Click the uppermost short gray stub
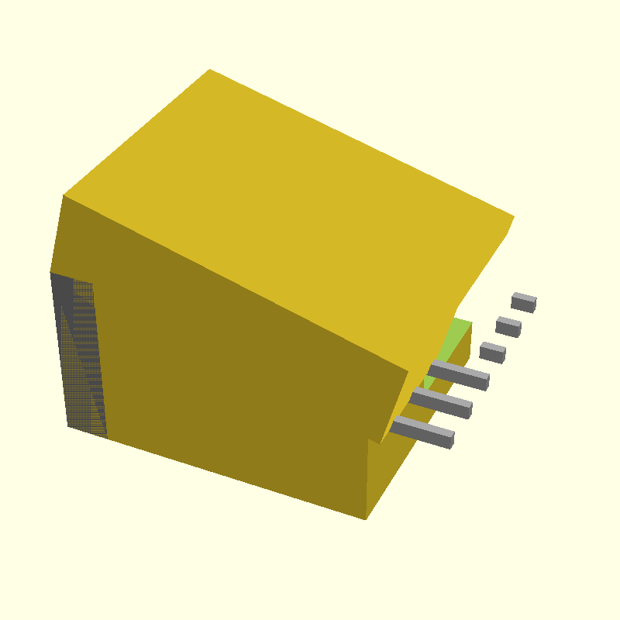[x=524, y=301]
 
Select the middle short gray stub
[x=508, y=326]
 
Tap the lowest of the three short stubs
[x=493, y=353]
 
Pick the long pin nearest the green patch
[x=459, y=374]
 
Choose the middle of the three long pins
[x=442, y=401]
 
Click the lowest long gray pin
[x=423, y=430]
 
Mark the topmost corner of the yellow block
[x=210, y=70]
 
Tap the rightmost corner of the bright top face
[x=514, y=216]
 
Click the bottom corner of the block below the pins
[x=366, y=518]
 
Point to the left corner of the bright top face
[x=64, y=195]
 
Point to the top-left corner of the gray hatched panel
[x=51, y=273]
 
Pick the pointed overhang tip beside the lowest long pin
[x=380, y=443]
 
